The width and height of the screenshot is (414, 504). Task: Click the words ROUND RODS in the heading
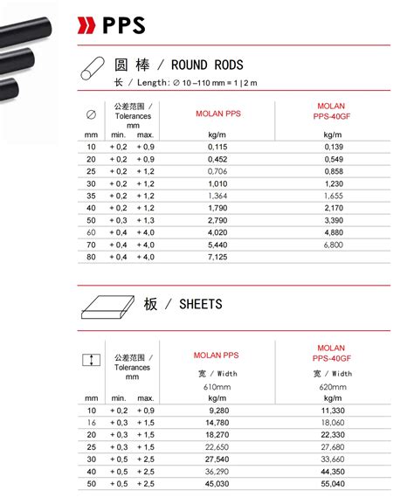207,65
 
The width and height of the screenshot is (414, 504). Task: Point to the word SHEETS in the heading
200,304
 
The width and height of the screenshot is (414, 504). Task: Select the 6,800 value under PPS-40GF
331,245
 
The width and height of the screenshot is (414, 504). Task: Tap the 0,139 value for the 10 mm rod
332,147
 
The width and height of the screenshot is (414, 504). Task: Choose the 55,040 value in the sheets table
331,483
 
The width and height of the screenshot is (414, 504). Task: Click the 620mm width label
331,386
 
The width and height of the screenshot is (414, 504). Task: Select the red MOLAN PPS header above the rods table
216,113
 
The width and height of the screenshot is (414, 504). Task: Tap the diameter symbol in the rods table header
91,114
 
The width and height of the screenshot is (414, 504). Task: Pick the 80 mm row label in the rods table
91,257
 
